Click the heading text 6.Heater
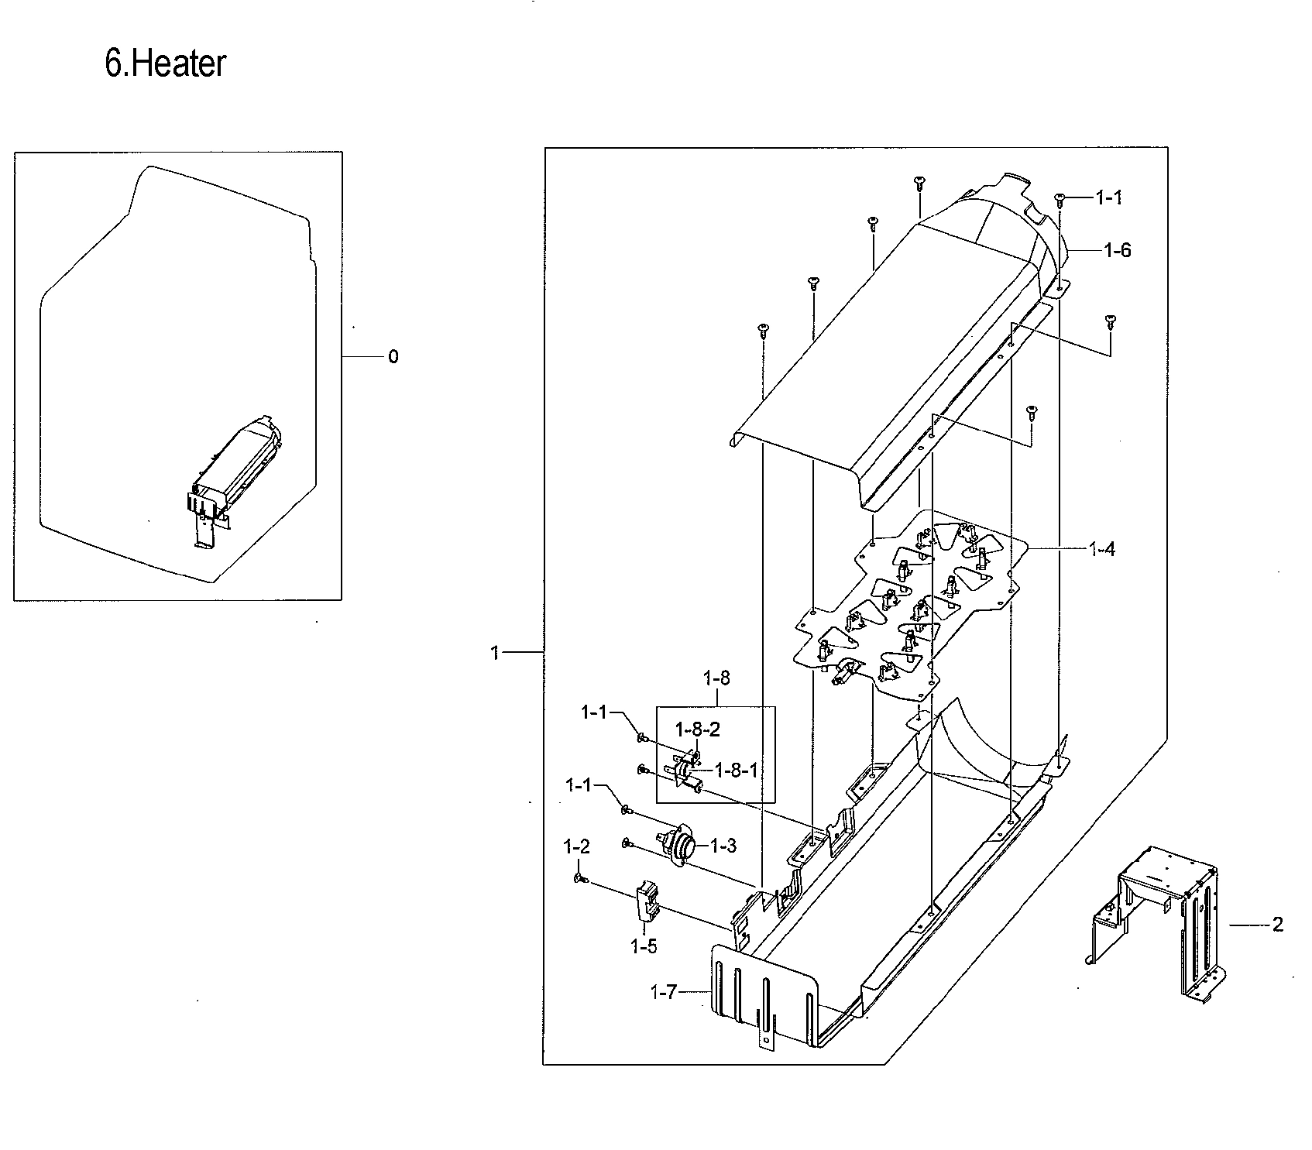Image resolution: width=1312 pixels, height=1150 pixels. coord(165,64)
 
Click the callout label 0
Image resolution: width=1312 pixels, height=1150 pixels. coord(393,357)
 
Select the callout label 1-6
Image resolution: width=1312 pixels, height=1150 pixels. coord(1117,250)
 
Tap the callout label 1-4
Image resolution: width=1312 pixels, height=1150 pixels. coord(1101,550)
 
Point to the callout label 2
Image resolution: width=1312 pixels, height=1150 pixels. coord(1277,924)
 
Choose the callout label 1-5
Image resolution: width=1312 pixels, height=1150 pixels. coord(644,946)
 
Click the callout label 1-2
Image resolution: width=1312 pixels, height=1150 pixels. coord(577,847)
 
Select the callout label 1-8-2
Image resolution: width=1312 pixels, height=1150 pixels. coord(697,729)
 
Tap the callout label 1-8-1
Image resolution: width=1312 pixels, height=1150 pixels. coord(736,770)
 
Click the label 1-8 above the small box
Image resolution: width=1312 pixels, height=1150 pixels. coord(716,678)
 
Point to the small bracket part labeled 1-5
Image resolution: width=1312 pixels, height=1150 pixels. coord(647,903)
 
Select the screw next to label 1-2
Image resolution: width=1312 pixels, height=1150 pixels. coord(579,878)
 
